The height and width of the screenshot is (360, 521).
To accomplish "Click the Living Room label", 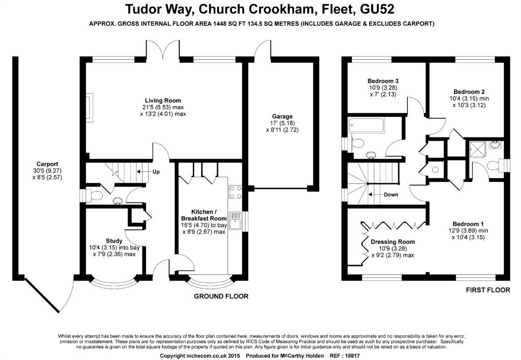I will (163, 101).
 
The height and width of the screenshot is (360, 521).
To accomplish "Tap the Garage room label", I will (282, 116).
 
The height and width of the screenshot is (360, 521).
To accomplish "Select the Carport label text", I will (47, 164).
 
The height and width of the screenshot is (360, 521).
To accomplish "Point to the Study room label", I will (114, 241).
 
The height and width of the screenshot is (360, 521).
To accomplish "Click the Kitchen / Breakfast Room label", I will (204, 215).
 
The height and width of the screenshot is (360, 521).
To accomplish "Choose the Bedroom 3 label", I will (383, 81).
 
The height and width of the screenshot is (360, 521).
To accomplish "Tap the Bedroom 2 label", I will (469, 92).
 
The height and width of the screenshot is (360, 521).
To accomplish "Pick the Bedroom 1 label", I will (468, 224).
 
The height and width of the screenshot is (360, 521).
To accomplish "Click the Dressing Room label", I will (392, 242).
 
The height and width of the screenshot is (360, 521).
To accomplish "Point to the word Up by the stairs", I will (156, 172).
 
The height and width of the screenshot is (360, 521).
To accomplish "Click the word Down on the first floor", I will (391, 195).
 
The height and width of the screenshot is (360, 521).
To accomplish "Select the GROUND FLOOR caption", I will (221, 296).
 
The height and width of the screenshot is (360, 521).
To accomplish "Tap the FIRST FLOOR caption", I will (488, 290).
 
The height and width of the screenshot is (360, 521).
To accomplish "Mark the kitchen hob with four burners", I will (235, 192).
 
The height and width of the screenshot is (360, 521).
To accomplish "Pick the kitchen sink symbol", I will (235, 221).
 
